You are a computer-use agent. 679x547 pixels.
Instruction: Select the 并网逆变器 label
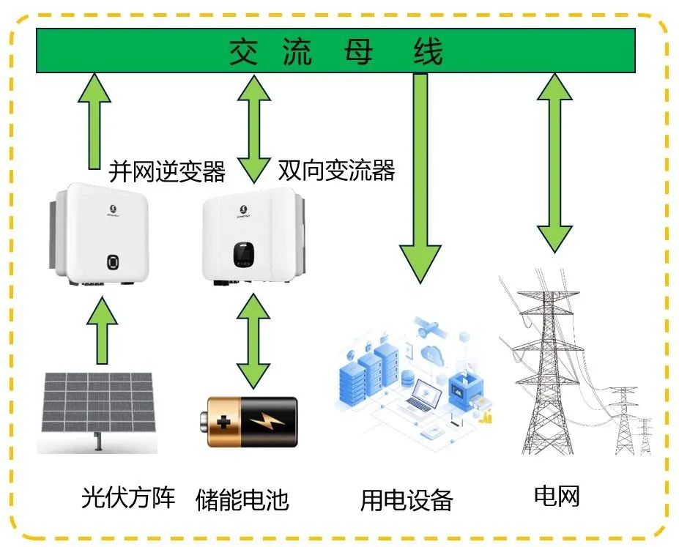167,171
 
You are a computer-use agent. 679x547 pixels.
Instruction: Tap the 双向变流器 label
336,170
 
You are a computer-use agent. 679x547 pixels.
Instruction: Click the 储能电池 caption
242,500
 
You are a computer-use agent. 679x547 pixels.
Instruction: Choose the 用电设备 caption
407,501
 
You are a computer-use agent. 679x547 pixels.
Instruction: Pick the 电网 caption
557,496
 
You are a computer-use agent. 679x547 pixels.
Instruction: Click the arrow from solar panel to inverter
102,330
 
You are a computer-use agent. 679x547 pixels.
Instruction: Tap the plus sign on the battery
220,423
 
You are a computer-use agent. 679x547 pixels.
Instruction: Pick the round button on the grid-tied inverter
111,262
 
